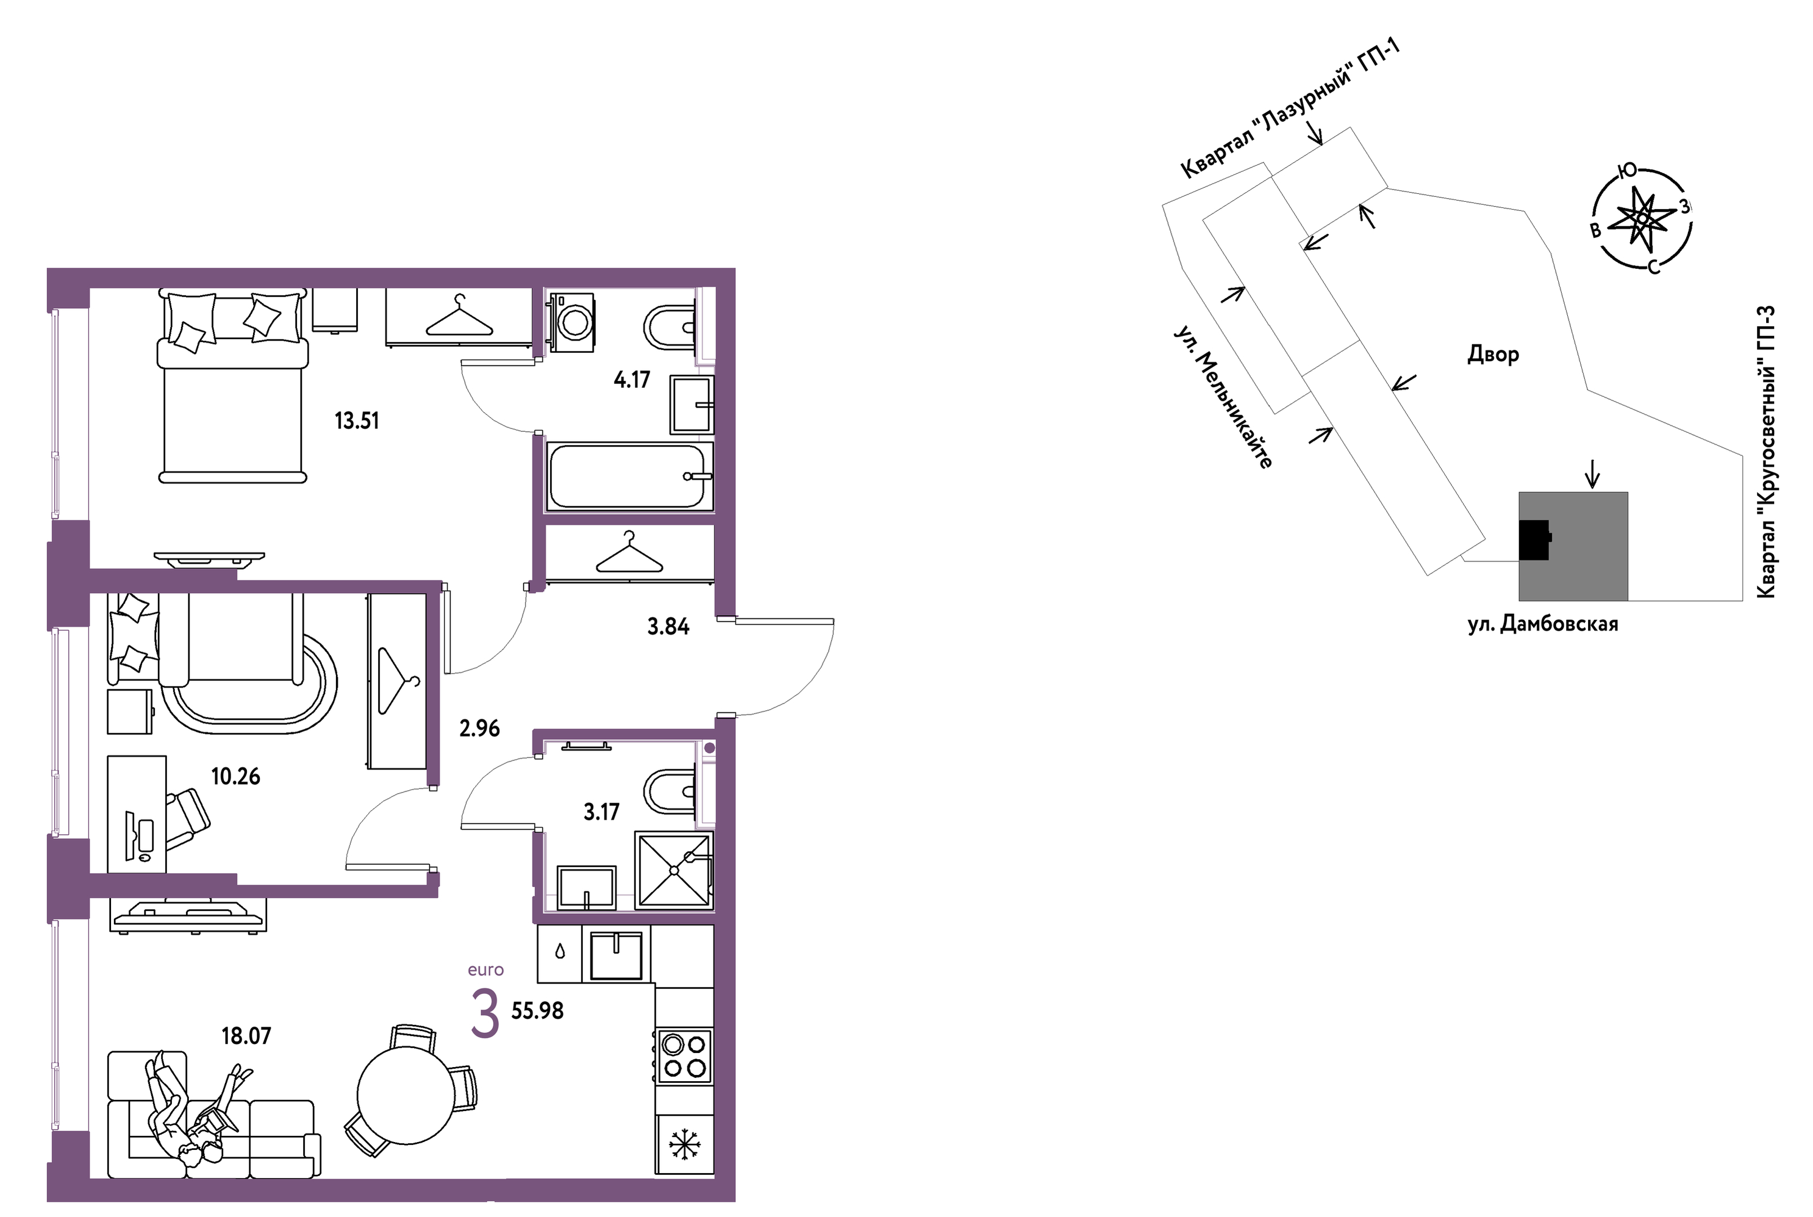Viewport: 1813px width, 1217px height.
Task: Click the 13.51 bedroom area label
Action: pos(356,421)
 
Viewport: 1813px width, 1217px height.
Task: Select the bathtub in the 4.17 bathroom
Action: pos(629,476)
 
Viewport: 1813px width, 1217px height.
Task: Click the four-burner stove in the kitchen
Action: pos(684,1056)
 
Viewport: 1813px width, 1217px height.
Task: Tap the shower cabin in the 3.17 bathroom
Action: pos(674,870)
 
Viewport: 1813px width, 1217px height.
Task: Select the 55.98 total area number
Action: pos(537,1011)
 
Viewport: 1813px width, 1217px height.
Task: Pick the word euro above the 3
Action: pos(486,970)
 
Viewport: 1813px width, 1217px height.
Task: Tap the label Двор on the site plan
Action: pos(1492,355)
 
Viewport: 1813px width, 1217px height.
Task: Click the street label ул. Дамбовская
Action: pos(1543,624)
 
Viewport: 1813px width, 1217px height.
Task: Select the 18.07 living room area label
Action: pos(246,1036)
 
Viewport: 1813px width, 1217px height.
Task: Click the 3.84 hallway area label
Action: pos(668,626)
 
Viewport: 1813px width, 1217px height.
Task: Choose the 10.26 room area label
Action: pos(235,776)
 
